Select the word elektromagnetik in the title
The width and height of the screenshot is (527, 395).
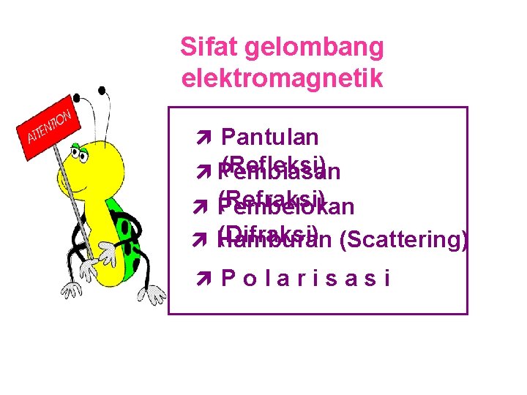pos(282,78)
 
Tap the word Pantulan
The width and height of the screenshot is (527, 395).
pos(269,137)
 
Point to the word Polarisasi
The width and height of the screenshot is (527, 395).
pos(305,278)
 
